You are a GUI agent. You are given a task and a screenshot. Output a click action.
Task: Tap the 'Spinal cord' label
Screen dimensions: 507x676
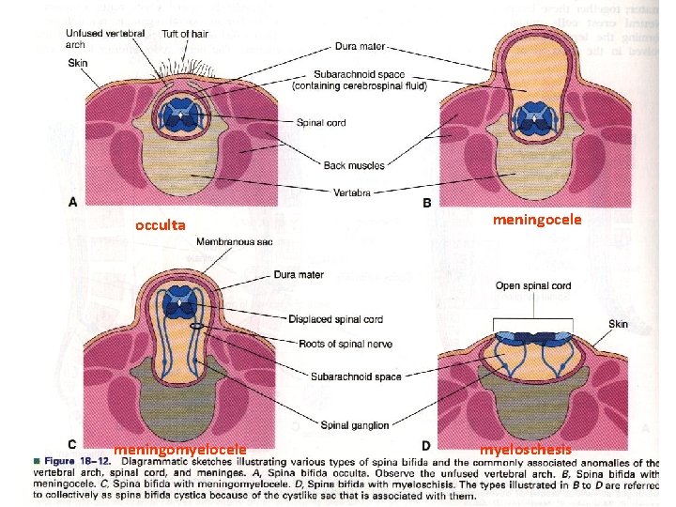point(322,122)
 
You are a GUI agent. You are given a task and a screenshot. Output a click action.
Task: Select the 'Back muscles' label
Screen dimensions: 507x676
point(354,166)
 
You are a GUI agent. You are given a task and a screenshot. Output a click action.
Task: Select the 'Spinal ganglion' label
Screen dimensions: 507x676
point(356,425)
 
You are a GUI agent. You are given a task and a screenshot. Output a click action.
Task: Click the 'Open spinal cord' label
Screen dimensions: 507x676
point(532,285)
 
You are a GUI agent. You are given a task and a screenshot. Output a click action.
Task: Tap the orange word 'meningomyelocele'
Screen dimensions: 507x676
point(180,450)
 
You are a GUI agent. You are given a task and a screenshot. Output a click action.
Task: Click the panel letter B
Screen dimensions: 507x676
point(428,202)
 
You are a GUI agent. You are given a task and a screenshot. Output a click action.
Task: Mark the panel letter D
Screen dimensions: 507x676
point(427,446)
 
